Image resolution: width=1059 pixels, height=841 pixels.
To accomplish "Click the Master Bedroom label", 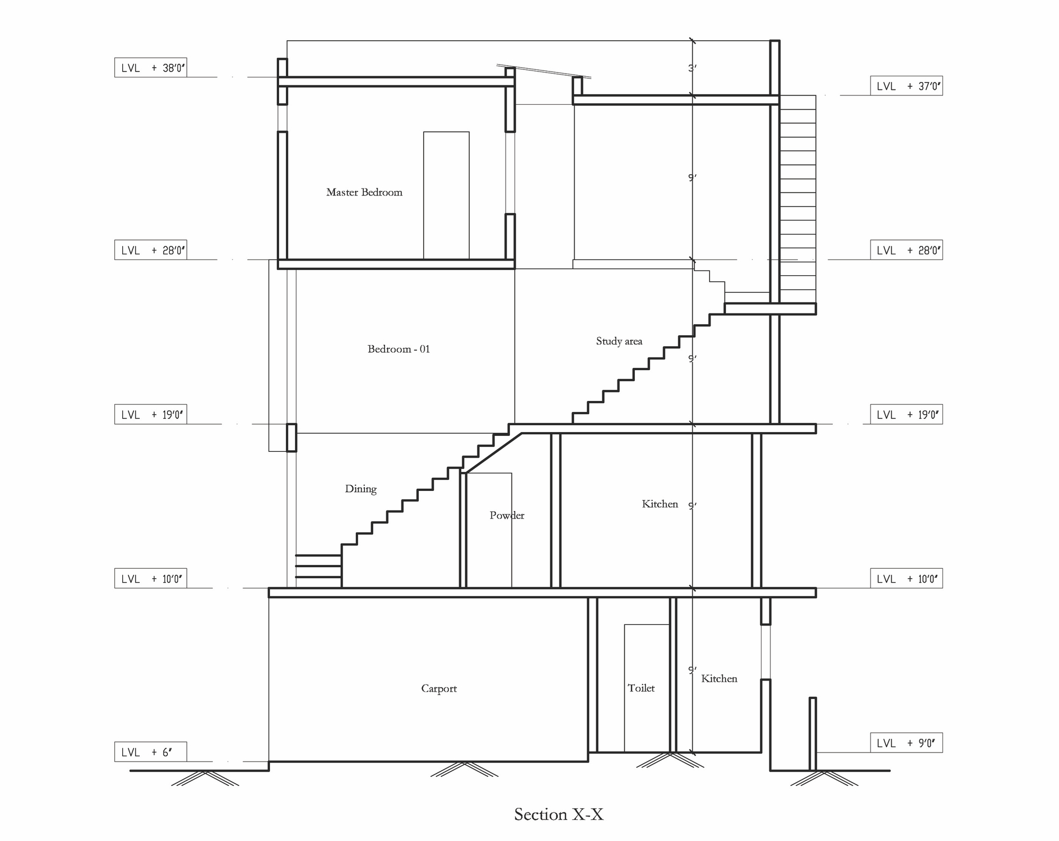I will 364,192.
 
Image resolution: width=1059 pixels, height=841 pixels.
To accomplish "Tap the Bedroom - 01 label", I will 398,349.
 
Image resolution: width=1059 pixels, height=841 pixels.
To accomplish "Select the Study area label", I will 619,341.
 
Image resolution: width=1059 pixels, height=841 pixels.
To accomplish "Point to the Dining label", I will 361,489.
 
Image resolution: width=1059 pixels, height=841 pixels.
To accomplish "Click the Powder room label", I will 507,515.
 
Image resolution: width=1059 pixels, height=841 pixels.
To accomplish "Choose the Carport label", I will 438,688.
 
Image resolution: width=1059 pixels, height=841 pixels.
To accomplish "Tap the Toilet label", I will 641,688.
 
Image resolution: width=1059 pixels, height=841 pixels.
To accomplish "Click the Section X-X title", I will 559,814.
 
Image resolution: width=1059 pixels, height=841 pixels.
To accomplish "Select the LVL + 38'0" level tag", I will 151,68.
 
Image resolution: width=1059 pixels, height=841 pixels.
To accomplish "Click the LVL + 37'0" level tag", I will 906,86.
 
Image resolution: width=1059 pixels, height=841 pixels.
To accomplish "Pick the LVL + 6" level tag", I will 151,752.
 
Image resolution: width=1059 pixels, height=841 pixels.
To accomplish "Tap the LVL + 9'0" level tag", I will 906,743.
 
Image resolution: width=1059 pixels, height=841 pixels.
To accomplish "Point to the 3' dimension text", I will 693,68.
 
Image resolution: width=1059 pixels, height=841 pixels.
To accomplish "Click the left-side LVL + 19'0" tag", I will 151,415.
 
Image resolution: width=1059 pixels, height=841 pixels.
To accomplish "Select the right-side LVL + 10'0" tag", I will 906,579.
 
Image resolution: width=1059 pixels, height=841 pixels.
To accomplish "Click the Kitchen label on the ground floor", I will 719,678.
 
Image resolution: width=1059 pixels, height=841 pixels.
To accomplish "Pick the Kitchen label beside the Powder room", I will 660,504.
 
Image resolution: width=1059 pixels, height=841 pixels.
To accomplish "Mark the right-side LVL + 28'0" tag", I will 906,250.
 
